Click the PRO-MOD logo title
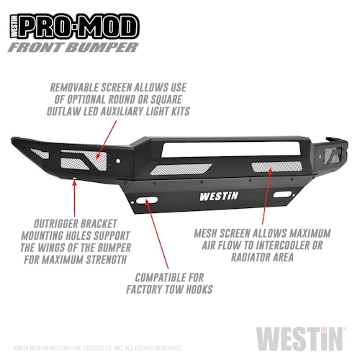pos(74,26)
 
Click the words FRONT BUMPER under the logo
pos(73,48)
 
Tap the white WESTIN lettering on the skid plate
pos(219,197)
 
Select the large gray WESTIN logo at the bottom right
pos(300,338)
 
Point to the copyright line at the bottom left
pos(98,348)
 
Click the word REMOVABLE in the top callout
pos(74,87)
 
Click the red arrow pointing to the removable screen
pos(107,140)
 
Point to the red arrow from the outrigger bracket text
pos(75,199)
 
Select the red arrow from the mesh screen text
pos(266,197)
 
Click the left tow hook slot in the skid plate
pos(146,200)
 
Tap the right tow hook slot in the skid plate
pos(283,194)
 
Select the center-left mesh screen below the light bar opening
pos(181,168)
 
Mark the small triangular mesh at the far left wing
pos(40,153)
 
